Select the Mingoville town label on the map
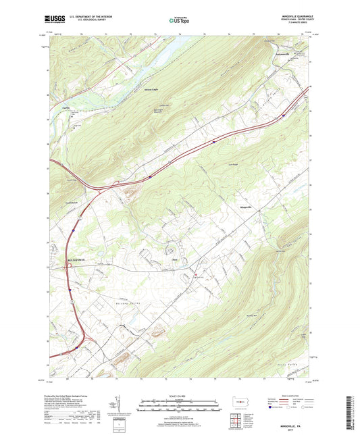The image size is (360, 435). point(248,206)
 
